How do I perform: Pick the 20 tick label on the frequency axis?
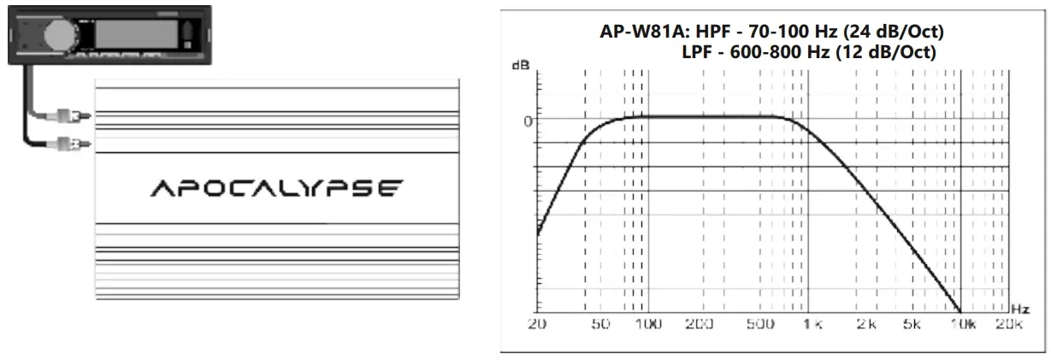coord(538,326)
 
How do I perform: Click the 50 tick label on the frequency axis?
coord(602,326)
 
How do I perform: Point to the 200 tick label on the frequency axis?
coord(700,326)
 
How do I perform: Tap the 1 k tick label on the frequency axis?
coord(808,326)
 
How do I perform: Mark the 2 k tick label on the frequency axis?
coord(866,326)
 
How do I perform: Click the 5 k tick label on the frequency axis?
coord(912,326)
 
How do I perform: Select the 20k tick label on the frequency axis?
coord(1010,326)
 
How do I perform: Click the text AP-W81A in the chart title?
coord(638,34)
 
